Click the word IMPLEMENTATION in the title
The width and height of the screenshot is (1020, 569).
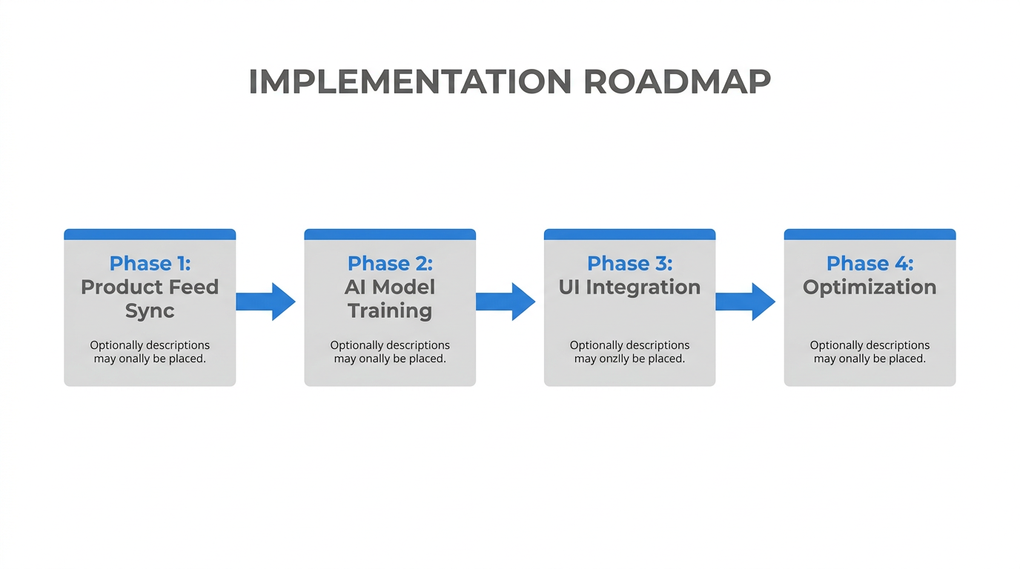tap(410, 81)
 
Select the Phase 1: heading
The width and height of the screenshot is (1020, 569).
tap(150, 263)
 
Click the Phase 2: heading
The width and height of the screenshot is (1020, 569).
tap(390, 263)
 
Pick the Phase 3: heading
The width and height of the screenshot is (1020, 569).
tap(629, 263)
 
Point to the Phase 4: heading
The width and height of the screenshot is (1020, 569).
tap(870, 263)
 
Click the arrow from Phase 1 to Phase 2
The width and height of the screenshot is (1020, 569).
tap(266, 302)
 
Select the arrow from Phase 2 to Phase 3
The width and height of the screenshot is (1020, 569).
tap(506, 302)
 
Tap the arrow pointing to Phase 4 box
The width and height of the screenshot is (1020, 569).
tap(746, 302)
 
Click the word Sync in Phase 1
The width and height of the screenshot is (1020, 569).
tap(150, 310)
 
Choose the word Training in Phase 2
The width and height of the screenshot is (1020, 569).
tap(390, 310)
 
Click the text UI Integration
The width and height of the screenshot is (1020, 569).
tap(629, 287)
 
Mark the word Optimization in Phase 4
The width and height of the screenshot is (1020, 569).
tap(870, 287)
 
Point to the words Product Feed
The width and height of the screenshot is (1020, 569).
tap(150, 287)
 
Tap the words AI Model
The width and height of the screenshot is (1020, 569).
tap(390, 287)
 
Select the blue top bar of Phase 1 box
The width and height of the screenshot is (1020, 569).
tap(150, 234)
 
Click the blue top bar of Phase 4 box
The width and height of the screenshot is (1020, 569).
tap(870, 234)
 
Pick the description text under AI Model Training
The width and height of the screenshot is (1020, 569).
tap(390, 352)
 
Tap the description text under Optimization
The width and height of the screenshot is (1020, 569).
tap(870, 352)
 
